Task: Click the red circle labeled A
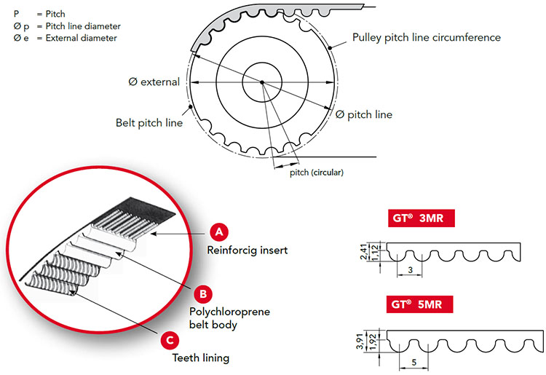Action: click(219, 232)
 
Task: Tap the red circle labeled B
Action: click(203, 294)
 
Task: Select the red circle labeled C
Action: click(170, 340)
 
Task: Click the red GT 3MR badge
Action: click(422, 218)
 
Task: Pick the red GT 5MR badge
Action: click(419, 304)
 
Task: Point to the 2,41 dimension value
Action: click(364, 252)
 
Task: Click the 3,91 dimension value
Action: click(360, 342)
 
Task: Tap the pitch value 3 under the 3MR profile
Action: click(410, 270)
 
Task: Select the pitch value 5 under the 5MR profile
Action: click(414, 362)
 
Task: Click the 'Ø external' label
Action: click(154, 82)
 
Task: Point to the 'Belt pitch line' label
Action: click(149, 123)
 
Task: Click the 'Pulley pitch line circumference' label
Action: click(427, 38)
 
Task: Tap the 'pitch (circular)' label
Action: click(317, 173)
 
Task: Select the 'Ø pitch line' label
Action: click(364, 114)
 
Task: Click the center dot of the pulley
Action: click(262, 82)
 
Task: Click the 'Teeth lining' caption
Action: click(201, 358)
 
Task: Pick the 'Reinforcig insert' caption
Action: click(248, 250)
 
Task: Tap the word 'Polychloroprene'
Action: click(229, 312)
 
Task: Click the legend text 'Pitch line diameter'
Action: click(83, 26)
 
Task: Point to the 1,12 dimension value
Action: click(375, 253)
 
